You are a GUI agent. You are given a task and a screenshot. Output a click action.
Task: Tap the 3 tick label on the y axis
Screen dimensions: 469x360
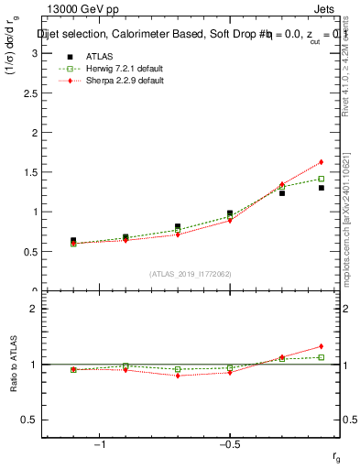click(35, 53)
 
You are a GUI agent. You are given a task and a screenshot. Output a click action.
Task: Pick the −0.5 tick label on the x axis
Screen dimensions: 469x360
click(229, 443)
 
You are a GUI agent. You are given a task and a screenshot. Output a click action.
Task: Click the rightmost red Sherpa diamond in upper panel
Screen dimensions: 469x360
click(321, 162)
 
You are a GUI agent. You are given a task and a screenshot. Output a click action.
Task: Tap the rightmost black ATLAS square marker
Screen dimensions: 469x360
click(321, 188)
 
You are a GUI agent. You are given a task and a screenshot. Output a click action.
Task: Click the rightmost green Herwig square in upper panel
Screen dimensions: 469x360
click(321, 179)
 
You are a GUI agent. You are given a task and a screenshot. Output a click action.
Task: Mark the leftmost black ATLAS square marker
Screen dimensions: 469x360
click(73, 241)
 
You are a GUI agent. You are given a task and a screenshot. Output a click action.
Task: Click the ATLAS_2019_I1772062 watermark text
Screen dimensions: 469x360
click(191, 274)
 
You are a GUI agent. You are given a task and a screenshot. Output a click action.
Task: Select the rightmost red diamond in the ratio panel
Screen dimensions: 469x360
click(321, 346)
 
